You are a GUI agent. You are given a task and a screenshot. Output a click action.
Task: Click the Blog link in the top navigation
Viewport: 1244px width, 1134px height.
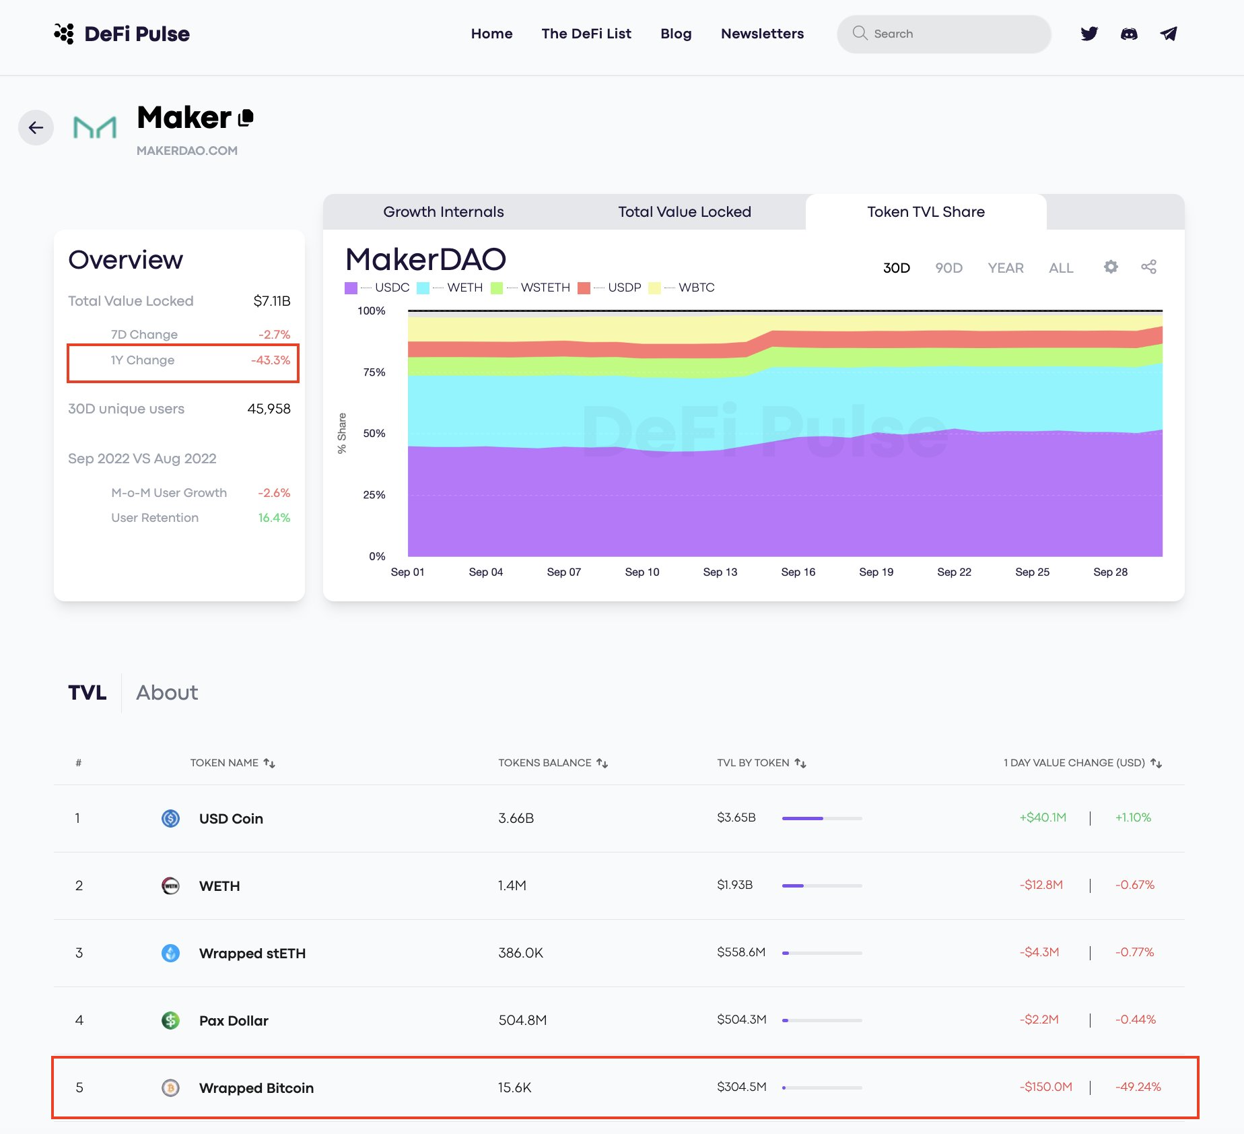pos(676,34)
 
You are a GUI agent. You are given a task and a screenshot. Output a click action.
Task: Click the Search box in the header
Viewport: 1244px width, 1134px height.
pos(944,34)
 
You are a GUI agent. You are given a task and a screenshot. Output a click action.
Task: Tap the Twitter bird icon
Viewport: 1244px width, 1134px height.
pos(1089,34)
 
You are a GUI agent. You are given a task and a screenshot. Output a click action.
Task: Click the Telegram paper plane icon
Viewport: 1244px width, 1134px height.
pos(1169,34)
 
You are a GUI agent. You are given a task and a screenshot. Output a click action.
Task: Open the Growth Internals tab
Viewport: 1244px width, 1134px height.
pos(444,212)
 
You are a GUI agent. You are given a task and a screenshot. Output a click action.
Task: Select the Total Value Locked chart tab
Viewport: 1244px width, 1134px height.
pos(685,212)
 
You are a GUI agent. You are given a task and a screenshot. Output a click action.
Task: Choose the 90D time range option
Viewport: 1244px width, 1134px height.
pos(948,268)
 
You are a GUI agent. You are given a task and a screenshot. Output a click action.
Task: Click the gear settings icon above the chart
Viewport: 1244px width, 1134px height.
pos(1111,267)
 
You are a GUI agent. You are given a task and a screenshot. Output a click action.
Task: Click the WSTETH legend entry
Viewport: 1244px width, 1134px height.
pos(531,288)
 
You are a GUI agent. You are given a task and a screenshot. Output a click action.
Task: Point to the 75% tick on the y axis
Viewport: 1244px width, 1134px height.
pos(374,372)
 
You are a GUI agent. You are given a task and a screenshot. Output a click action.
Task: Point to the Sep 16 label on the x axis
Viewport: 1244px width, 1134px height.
pos(798,572)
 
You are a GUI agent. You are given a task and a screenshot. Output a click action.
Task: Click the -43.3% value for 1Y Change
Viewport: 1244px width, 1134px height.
pos(271,360)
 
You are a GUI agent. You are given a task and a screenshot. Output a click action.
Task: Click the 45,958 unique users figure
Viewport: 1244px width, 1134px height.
pos(269,409)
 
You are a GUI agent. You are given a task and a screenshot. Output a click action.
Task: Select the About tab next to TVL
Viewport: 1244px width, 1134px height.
pos(167,693)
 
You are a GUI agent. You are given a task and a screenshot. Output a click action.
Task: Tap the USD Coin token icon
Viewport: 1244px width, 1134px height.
pos(171,818)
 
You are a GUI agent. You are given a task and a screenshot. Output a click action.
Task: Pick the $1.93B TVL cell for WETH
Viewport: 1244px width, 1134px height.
pos(735,885)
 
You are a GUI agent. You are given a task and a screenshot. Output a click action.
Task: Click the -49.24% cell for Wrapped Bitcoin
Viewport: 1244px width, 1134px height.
pos(1138,1087)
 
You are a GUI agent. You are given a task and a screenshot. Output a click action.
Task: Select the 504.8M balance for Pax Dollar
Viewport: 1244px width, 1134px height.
pos(522,1020)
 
